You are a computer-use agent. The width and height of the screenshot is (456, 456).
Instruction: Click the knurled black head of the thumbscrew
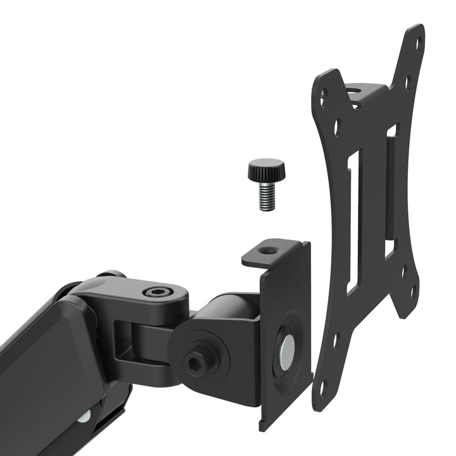pos(266,169)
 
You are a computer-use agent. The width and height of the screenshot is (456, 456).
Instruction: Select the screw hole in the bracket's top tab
pos(269,251)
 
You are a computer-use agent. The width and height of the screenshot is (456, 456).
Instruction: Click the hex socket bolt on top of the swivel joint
pos(155,292)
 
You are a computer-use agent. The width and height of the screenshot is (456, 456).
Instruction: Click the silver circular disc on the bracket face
pos(287,348)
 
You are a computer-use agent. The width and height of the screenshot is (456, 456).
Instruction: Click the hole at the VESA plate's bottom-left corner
pos(323,385)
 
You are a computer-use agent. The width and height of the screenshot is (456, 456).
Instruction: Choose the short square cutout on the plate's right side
pos(391,248)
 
